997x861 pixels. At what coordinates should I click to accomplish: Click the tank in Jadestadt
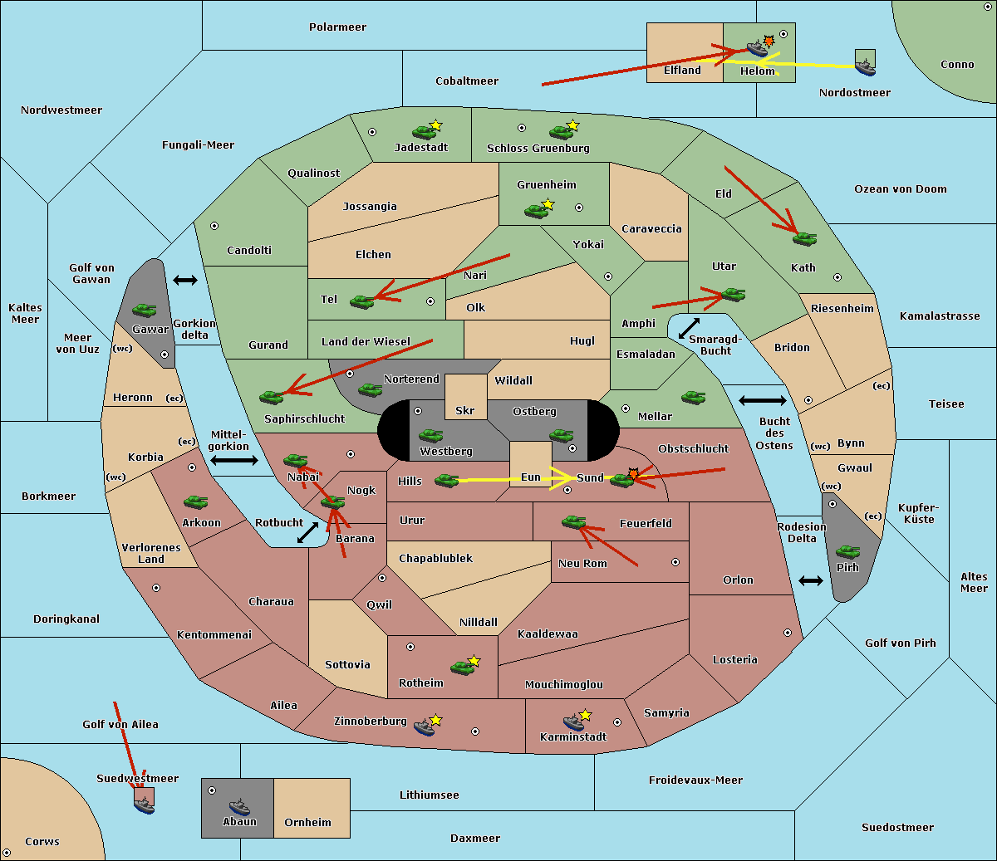point(424,132)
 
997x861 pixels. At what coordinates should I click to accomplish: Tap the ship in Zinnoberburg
point(425,727)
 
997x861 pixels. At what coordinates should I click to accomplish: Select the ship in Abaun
point(239,806)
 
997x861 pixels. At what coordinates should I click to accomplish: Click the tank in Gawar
point(145,311)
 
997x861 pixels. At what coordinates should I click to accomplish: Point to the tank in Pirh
point(847,551)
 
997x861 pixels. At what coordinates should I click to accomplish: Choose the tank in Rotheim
point(462,668)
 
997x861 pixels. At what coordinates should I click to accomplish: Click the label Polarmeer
point(337,27)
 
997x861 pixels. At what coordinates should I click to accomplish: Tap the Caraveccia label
point(651,228)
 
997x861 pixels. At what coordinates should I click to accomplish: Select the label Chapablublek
point(435,558)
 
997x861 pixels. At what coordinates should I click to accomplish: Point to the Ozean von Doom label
point(901,189)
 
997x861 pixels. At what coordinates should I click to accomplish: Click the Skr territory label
point(465,410)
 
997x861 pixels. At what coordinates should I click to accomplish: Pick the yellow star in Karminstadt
point(585,714)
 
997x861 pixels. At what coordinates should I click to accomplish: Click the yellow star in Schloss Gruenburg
point(572,125)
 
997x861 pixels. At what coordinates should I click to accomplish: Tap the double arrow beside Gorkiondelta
point(185,280)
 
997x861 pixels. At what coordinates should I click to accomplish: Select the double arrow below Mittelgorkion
point(234,460)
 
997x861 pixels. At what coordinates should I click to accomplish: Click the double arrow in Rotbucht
point(307,532)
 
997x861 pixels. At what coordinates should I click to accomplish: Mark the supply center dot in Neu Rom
point(675,562)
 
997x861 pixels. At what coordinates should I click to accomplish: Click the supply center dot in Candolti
point(214,226)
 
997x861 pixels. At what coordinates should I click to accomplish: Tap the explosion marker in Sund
point(633,473)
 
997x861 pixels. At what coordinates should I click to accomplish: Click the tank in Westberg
point(430,435)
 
